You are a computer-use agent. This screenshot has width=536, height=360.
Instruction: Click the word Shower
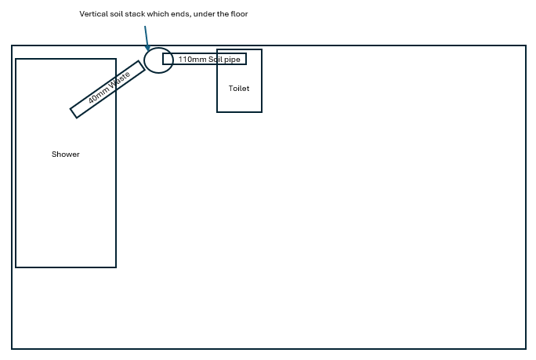(x=66, y=155)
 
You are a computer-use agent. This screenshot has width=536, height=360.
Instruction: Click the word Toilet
(x=239, y=89)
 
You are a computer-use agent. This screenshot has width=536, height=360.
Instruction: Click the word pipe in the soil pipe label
(x=232, y=60)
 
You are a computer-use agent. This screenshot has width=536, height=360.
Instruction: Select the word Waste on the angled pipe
(x=120, y=80)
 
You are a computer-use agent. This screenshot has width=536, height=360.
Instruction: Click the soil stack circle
(x=144, y=60)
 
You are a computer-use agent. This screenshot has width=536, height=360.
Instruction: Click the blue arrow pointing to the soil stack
(x=147, y=38)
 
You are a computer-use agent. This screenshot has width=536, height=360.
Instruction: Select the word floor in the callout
(x=239, y=14)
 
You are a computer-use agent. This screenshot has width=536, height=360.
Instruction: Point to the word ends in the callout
(x=182, y=14)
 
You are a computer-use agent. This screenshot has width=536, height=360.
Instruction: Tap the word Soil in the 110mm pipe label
(x=215, y=59)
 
